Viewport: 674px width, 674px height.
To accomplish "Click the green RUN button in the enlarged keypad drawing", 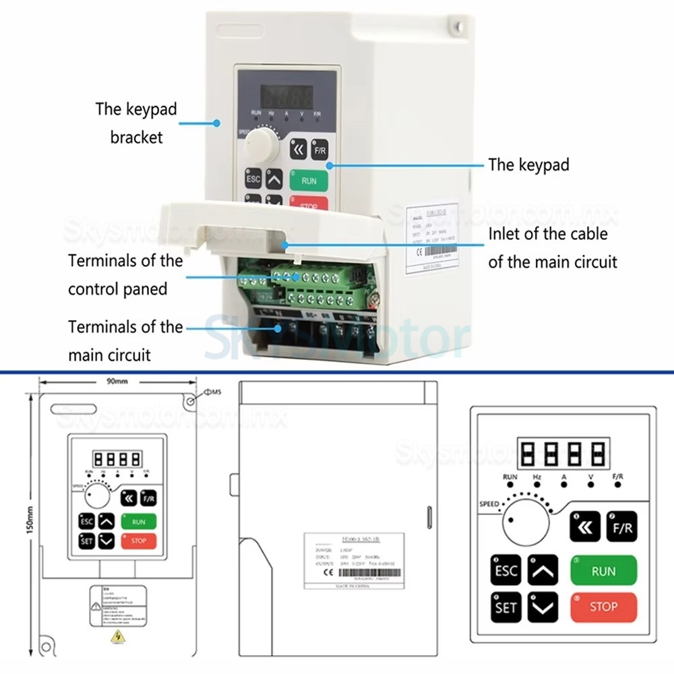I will pyautogui.click(x=603, y=571).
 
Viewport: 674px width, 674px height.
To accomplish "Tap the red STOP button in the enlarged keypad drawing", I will pyautogui.click(x=603, y=607).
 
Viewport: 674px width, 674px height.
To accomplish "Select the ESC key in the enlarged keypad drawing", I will pyautogui.click(x=506, y=571).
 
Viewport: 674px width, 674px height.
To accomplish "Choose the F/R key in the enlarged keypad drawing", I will pyautogui.click(x=620, y=527).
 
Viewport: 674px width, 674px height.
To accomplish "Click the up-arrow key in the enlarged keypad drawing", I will pyautogui.click(x=543, y=571).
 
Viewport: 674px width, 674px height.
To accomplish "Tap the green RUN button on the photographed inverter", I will pyautogui.click(x=309, y=181).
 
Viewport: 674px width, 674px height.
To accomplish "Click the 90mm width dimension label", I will pyautogui.click(x=116, y=381).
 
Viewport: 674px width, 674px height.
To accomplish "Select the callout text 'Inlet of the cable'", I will pyautogui.click(x=548, y=234).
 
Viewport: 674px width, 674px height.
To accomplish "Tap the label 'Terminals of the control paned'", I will pyautogui.click(x=125, y=274).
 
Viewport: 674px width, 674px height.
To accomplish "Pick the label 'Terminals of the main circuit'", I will pyautogui.click(x=125, y=340).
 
